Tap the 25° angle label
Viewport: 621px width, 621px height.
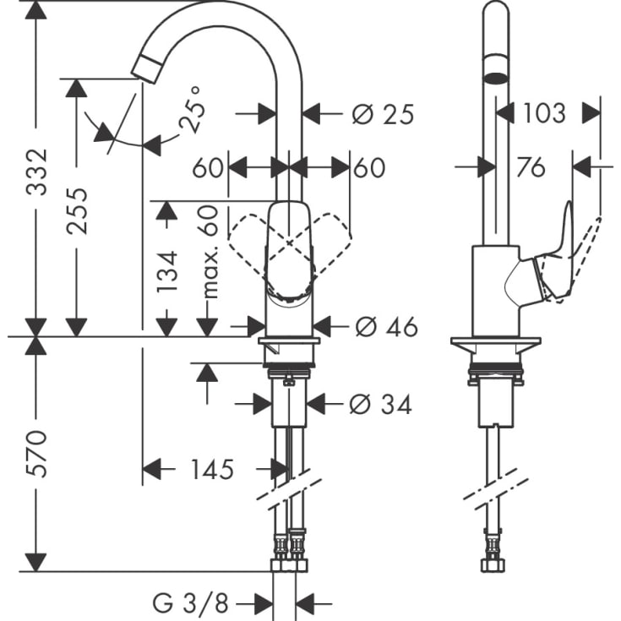click(x=193, y=110)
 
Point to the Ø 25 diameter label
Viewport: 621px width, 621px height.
click(x=383, y=114)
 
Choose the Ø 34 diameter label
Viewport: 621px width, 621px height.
click(x=380, y=405)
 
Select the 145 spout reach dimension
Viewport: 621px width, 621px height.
click(x=211, y=469)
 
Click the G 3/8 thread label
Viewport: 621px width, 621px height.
click(x=191, y=603)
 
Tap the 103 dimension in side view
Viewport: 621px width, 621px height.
click(x=543, y=112)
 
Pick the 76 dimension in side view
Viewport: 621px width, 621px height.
click(x=530, y=167)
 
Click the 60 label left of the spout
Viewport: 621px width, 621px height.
click(x=207, y=168)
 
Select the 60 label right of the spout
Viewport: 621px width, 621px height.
click(x=368, y=168)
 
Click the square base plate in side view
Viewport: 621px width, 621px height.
click(x=495, y=346)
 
